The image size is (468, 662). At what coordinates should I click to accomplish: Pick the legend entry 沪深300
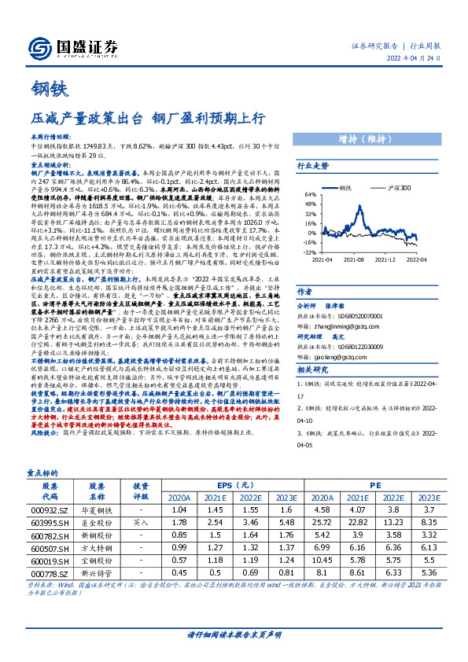pyautogui.click(x=399, y=189)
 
